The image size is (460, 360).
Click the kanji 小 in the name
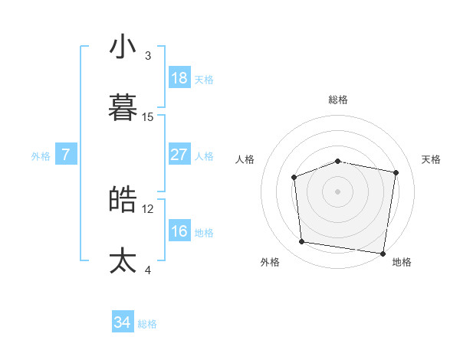click(x=123, y=47)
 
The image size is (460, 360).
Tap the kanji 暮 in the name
click(x=123, y=108)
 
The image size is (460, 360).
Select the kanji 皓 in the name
click(x=123, y=199)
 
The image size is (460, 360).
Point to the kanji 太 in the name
click(x=123, y=260)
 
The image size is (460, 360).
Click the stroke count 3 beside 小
click(x=148, y=56)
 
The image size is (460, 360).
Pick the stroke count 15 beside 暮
click(x=148, y=117)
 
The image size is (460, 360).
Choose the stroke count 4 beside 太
click(x=148, y=270)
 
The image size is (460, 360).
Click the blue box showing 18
click(x=179, y=78)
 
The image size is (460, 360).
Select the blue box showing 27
click(x=179, y=155)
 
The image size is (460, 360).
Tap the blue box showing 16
click(x=179, y=231)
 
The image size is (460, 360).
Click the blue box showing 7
click(x=66, y=155)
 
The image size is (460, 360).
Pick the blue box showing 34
click(x=123, y=322)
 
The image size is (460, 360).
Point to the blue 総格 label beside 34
click(x=148, y=324)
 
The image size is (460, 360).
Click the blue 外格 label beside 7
click(x=41, y=156)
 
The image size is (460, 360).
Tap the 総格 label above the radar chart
click(x=338, y=100)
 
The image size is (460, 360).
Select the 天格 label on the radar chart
click(x=432, y=159)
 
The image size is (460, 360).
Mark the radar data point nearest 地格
click(x=383, y=253)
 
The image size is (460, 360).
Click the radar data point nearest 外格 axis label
click(x=302, y=242)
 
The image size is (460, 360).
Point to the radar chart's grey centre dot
click(x=337, y=191)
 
